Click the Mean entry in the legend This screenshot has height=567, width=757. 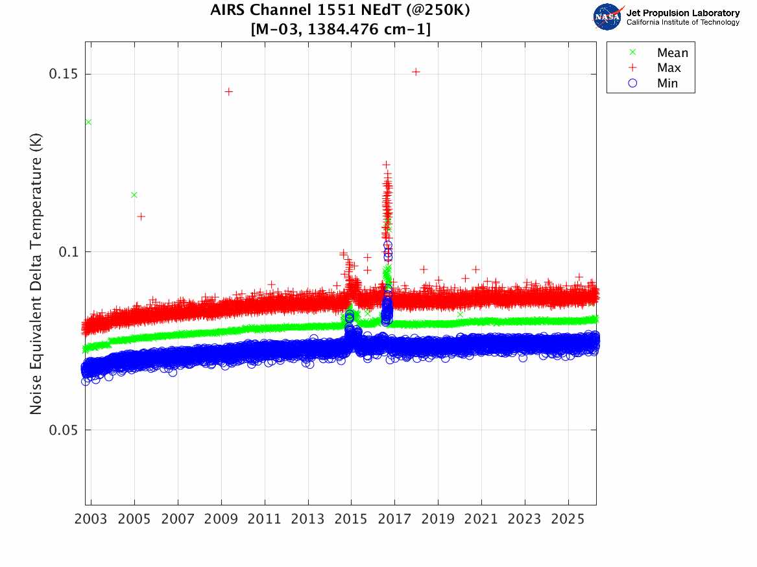pyautogui.click(x=671, y=53)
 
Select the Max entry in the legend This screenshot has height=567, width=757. pyautogui.click(x=668, y=68)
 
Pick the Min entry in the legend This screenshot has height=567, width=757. pyautogui.click(x=667, y=83)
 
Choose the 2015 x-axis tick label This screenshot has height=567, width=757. pyautogui.click(x=351, y=520)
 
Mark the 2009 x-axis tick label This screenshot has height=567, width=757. pyautogui.click(x=221, y=520)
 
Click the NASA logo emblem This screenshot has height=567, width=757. pyautogui.click(x=607, y=17)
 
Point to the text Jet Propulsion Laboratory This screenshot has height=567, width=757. pyautogui.click(x=682, y=13)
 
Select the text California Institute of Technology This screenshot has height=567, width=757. pyautogui.click(x=682, y=23)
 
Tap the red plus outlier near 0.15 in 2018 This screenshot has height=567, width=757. pyautogui.click(x=416, y=72)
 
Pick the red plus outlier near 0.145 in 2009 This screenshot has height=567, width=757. pyautogui.click(x=228, y=91)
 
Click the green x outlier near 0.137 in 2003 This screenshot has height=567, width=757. pyautogui.click(x=88, y=122)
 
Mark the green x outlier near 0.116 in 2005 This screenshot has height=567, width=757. pyautogui.click(x=134, y=194)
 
